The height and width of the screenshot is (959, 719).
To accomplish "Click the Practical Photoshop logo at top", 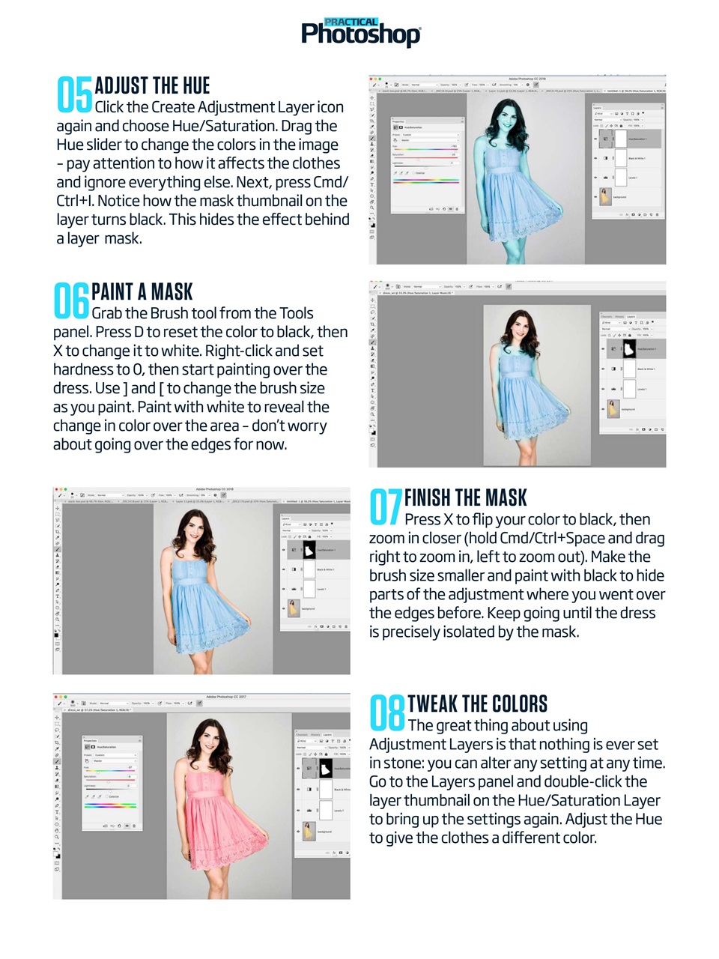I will (x=360, y=32).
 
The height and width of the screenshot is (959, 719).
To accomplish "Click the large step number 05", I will (x=74, y=95).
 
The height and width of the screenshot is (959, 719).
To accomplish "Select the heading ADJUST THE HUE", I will (x=152, y=86).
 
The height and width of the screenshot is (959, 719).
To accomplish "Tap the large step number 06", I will (x=71, y=300).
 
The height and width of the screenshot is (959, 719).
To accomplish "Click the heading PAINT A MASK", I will (x=142, y=292).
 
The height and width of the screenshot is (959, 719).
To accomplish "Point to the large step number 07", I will (x=386, y=507).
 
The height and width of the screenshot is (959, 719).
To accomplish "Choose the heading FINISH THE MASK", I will (x=465, y=498).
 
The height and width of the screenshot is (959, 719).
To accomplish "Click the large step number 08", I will (x=387, y=713).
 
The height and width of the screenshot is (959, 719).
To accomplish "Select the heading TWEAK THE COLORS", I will (x=477, y=704).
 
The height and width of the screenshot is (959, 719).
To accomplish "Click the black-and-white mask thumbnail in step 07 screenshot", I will (x=309, y=551).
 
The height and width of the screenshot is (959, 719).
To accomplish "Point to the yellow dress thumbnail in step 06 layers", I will (x=612, y=408).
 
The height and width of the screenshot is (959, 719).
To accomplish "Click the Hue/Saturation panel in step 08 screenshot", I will (x=112, y=783).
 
